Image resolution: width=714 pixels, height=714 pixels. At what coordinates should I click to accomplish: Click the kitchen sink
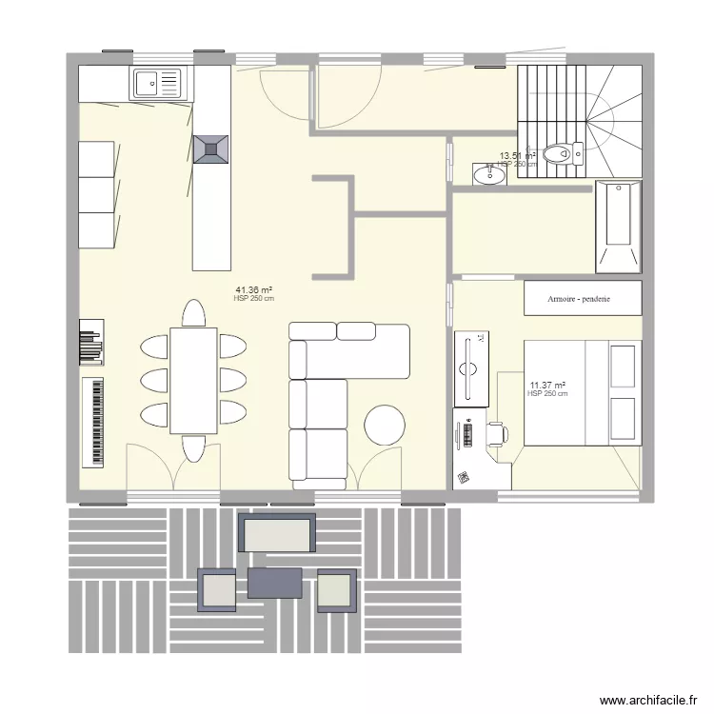(x=157, y=83)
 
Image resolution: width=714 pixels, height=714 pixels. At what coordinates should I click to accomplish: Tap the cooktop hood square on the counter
(x=211, y=149)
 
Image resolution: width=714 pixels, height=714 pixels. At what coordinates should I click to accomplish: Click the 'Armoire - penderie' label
(x=579, y=299)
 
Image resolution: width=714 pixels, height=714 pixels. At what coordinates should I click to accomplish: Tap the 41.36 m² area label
(x=253, y=289)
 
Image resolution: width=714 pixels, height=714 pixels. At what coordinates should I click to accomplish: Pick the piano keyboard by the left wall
(x=93, y=421)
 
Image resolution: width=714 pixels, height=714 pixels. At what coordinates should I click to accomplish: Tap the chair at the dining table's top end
(x=193, y=314)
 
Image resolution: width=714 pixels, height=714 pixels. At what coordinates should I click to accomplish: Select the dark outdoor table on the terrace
(x=274, y=583)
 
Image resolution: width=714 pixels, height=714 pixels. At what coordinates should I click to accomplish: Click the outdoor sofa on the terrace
(x=277, y=533)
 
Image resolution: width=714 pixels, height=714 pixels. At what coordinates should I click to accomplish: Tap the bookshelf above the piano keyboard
(x=90, y=341)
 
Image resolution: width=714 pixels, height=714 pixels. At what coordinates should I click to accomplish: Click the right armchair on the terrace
(x=336, y=590)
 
